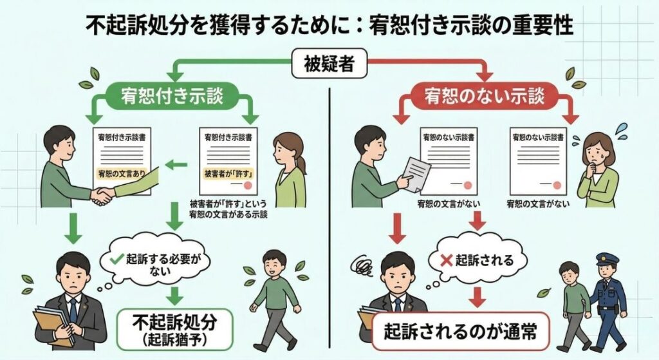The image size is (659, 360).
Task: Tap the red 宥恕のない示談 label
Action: tap(484, 97)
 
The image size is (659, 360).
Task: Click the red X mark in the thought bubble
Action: tap(445, 260)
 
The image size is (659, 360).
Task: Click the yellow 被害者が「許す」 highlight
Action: tap(227, 175)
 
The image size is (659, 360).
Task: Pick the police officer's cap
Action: tap(607, 259)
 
